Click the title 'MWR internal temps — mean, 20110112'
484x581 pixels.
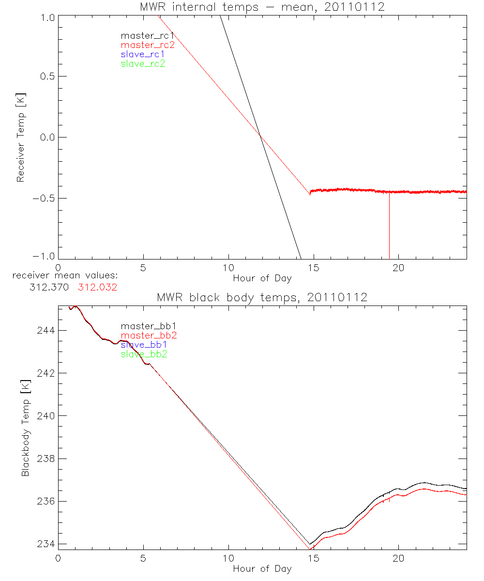[x=262, y=7]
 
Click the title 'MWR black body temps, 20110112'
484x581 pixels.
[x=262, y=297]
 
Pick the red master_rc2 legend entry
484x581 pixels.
[x=147, y=45]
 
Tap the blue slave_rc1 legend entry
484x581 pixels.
[x=143, y=54]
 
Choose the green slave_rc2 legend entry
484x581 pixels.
[x=143, y=63]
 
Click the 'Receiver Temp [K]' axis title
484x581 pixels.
[x=20, y=137]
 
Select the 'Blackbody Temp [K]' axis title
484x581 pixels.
[x=25, y=425]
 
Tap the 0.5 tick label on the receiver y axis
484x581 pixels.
[x=46, y=76]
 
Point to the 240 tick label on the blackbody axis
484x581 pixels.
[x=45, y=416]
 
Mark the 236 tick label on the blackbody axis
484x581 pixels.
[x=45, y=501]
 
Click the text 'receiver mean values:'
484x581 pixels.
[x=65, y=276]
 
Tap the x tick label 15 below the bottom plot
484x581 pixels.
[x=313, y=557]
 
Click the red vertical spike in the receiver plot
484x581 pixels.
[x=389, y=228]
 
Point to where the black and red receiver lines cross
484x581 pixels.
[x=260, y=135]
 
